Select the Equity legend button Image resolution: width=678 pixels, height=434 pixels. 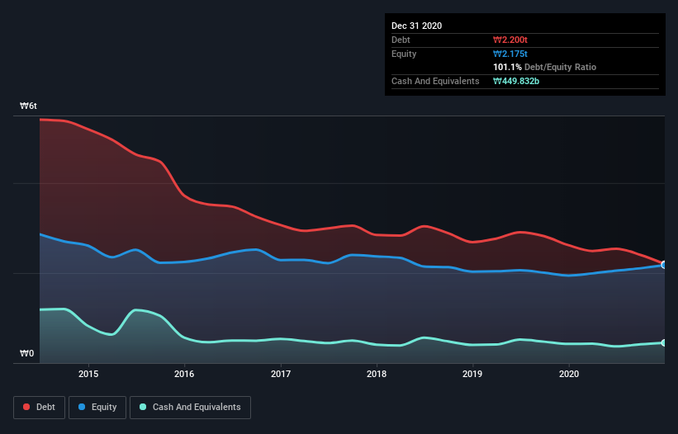coord(97,407)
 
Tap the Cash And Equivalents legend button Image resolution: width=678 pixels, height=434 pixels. coord(189,407)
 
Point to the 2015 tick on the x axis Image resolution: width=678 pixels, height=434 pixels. coord(88,374)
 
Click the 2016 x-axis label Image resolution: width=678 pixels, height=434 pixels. coord(184,374)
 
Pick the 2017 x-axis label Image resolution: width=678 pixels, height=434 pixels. coord(281,374)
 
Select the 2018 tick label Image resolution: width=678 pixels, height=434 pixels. coord(377,374)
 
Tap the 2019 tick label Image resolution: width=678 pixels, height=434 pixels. coord(472,374)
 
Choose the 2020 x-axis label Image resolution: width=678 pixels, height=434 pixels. coord(569,374)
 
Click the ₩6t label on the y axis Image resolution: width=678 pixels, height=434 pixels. coord(29,106)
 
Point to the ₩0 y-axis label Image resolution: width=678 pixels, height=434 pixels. coord(27,354)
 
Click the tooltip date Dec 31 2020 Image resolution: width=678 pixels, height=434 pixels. coord(416,26)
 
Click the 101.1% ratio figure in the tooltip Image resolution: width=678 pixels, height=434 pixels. coord(508,67)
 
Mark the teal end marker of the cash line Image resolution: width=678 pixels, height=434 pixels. coord(664,342)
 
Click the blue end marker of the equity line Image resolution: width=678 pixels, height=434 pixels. coord(664,265)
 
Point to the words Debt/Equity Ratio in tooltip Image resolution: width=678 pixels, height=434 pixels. coord(561,67)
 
